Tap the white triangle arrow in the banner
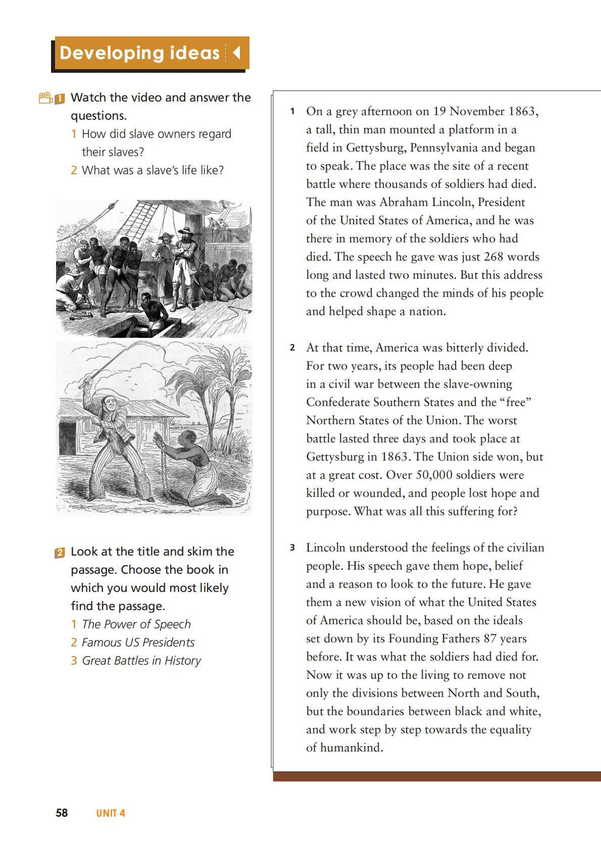236,53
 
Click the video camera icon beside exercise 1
45,97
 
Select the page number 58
62,813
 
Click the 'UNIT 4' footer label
111,813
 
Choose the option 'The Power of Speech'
136,624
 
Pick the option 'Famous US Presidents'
138,642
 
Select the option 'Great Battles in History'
141,661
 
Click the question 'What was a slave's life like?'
153,170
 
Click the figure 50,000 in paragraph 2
434,475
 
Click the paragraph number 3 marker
292,547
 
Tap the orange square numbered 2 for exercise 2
60,552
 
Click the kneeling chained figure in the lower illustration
189,465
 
